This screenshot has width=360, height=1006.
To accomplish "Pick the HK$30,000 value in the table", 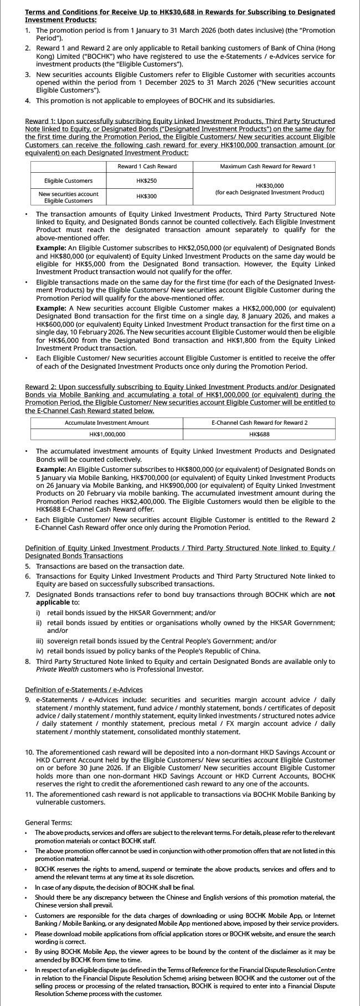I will coord(270,185).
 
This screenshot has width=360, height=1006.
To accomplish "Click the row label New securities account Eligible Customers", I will coord(68,197).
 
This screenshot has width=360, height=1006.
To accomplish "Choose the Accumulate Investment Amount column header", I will coord(106,422).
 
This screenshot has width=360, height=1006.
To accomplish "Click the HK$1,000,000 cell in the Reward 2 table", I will coord(107,434).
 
